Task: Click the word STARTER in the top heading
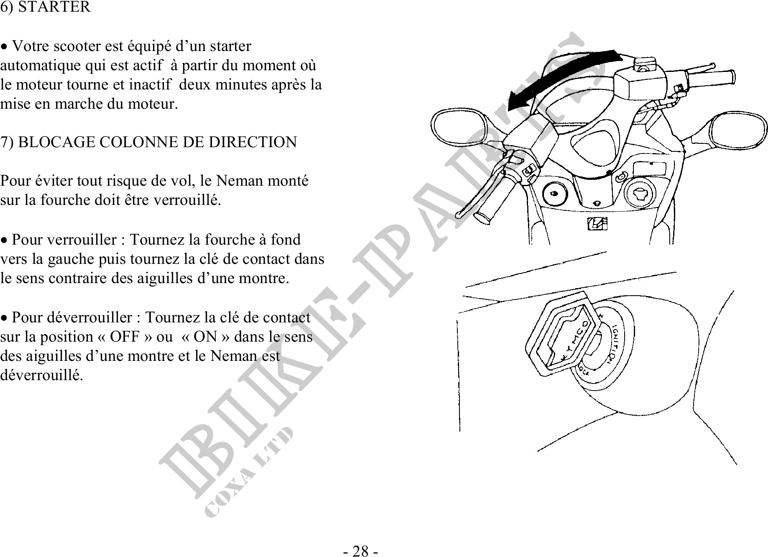(x=54, y=7)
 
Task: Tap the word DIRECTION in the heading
(x=253, y=142)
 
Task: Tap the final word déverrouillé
(x=42, y=375)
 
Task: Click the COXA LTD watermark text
(x=248, y=473)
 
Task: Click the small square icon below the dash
(x=597, y=224)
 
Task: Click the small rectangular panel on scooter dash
(x=650, y=169)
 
